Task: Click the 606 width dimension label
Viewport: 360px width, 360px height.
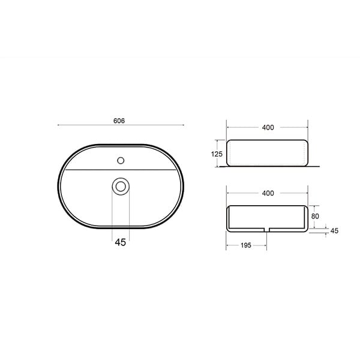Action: [119, 121]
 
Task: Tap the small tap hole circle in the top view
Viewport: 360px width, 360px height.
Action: [121, 160]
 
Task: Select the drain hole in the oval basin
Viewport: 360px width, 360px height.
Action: [121, 187]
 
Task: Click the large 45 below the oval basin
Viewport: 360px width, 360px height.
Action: [121, 242]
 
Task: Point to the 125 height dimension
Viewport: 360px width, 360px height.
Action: [217, 154]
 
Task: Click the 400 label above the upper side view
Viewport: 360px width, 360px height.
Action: [268, 127]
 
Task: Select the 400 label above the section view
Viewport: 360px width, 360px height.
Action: [268, 193]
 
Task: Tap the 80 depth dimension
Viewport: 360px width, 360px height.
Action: [315, 216]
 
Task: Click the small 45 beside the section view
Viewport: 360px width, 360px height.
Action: [334, 231]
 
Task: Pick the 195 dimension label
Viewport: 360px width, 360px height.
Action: [246, 245]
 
